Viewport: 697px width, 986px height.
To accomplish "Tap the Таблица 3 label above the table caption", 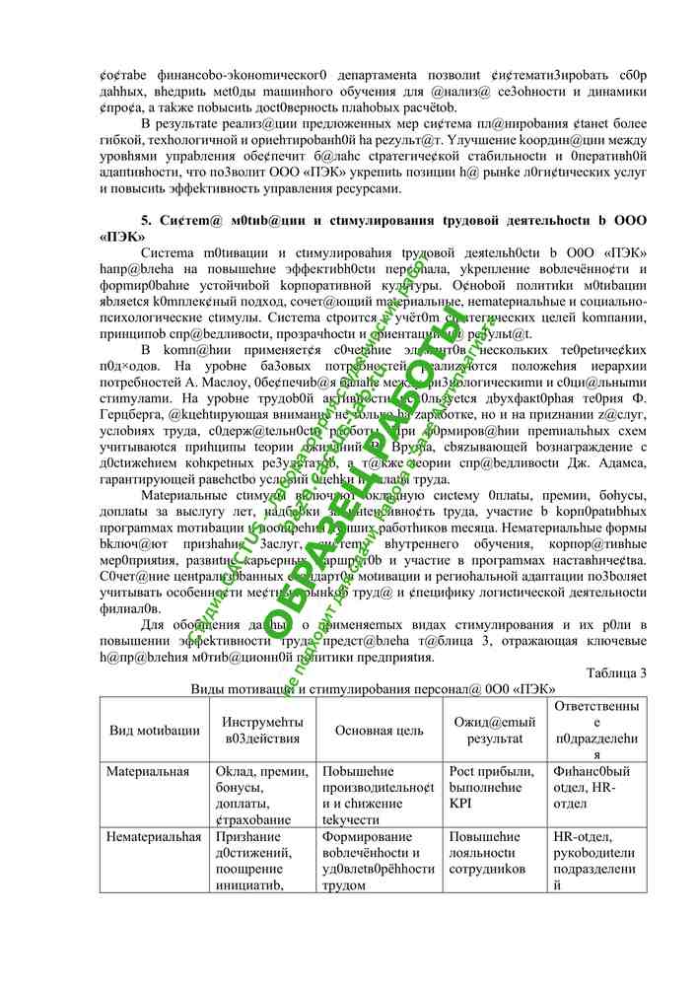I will point(615,672).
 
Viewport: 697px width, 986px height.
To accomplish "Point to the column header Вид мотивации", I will point(154,731).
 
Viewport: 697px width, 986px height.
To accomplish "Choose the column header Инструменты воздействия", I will point(260,731).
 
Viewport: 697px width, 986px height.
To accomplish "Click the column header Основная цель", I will point(379,731).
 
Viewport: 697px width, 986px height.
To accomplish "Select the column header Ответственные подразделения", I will point(595,731).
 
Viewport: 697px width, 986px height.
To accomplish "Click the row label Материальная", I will point(148,771).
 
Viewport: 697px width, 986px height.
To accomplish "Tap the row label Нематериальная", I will point(154,836).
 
